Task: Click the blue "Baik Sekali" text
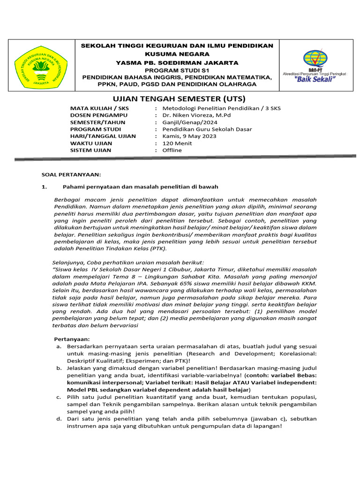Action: point(314,79)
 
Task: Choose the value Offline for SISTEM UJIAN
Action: point(172,150)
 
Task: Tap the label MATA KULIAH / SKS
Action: point(99,108)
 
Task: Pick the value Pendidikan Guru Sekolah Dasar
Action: point(207,129)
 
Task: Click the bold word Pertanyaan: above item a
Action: point(71,338)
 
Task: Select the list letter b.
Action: point(59,369)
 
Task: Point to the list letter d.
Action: point(59,419)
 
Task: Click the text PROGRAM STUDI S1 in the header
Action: point(177,70)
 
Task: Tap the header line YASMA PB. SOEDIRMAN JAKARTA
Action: point(177,63)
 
